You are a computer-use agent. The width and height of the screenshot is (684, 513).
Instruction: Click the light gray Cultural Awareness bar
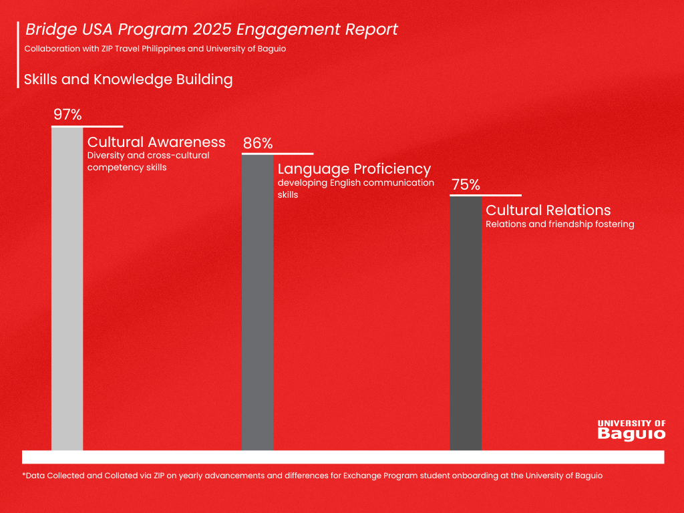point(67,287)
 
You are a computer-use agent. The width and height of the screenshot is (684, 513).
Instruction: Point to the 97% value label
point(67,115)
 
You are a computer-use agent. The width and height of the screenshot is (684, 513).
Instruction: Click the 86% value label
point(258,144)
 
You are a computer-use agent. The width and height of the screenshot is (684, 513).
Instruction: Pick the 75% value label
point(466,185)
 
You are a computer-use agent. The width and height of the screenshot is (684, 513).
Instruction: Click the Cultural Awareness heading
point(156,142)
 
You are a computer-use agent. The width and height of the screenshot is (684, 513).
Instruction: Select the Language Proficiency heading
point(354,169)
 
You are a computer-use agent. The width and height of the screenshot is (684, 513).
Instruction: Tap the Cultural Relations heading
point(548,210)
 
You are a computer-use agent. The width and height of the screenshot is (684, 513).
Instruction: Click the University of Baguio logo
point(631,430)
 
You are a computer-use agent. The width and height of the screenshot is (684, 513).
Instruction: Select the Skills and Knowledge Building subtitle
point(128,79)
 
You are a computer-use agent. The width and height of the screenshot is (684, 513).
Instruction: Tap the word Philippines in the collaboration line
point(158,49)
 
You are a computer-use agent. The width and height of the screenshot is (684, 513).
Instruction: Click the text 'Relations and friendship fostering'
point(560,224)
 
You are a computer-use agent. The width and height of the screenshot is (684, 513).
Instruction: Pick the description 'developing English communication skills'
point(355,188)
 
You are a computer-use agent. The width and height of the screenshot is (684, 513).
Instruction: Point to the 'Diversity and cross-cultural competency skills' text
point(148,161)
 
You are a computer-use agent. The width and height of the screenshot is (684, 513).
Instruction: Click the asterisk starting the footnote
point(24,475)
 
